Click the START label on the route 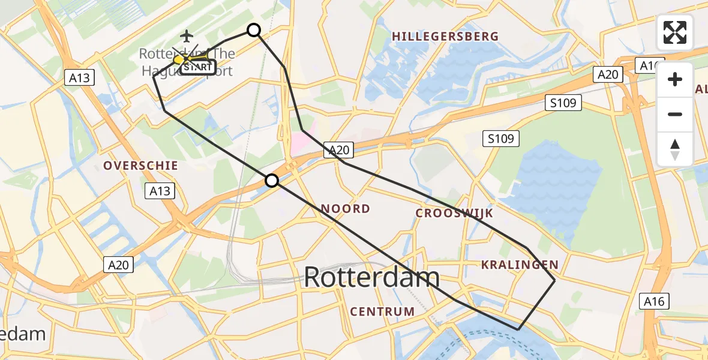point(198,67)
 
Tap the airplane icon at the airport point(187,36)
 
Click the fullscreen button point(675,32)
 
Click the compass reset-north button point(675,149)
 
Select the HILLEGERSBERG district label point(445,37)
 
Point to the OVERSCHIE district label point(140,166)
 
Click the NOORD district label point(345,209)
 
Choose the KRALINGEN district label point(520,265)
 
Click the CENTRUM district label point(382,311)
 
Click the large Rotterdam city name point(371,278)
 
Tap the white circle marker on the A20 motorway point(272,181)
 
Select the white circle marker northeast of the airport point(254,30)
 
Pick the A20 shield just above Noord point(338,151)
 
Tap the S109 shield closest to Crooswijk point(501,139)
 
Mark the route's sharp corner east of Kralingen point(554,280)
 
